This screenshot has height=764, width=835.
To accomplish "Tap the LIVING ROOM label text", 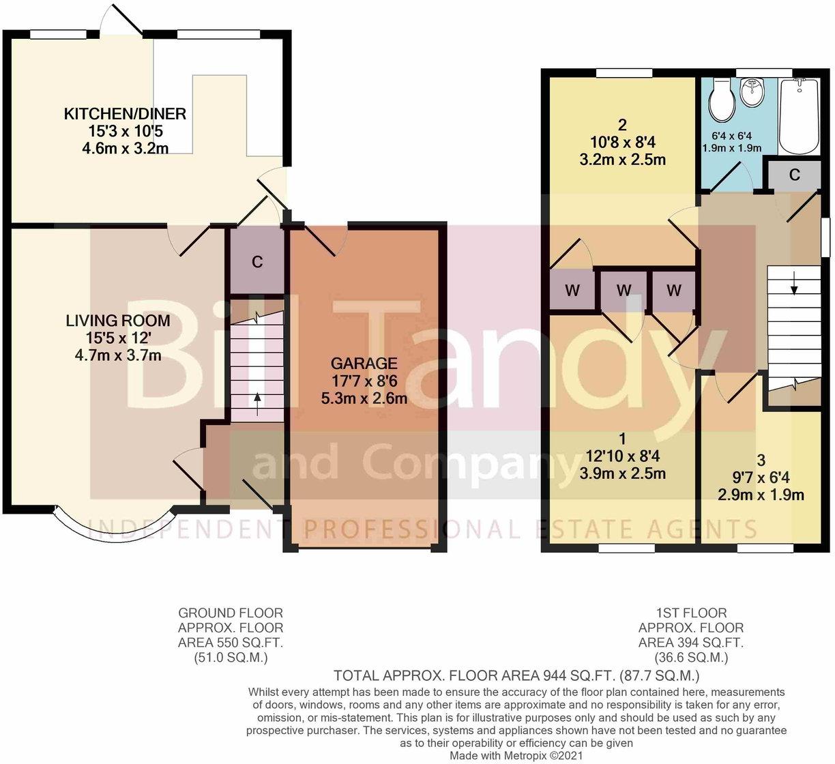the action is (118, 321).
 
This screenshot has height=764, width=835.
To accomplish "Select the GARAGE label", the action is (364, 364).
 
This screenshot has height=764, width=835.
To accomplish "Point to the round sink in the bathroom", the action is (752, 92).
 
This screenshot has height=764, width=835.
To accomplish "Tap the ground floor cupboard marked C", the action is (257, 261).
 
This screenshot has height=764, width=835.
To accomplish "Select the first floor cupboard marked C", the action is (794, 175).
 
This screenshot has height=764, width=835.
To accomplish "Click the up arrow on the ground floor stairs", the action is (258, 403).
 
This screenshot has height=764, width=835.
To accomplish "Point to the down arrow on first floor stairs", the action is (794, 282).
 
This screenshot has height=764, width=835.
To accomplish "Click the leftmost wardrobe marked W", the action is (572, 290).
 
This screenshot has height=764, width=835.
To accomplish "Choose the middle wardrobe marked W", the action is (624, 290).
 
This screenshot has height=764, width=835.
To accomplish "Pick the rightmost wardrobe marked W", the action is (674, 290).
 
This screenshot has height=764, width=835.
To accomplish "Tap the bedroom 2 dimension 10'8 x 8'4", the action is (623, 143).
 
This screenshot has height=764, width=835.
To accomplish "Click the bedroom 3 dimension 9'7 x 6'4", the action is (761, 477).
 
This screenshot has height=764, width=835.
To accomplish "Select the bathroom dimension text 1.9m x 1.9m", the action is (732, 148).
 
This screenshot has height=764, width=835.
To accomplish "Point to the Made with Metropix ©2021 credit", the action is (516, 755).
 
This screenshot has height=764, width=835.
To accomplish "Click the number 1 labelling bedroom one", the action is (623, 439).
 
